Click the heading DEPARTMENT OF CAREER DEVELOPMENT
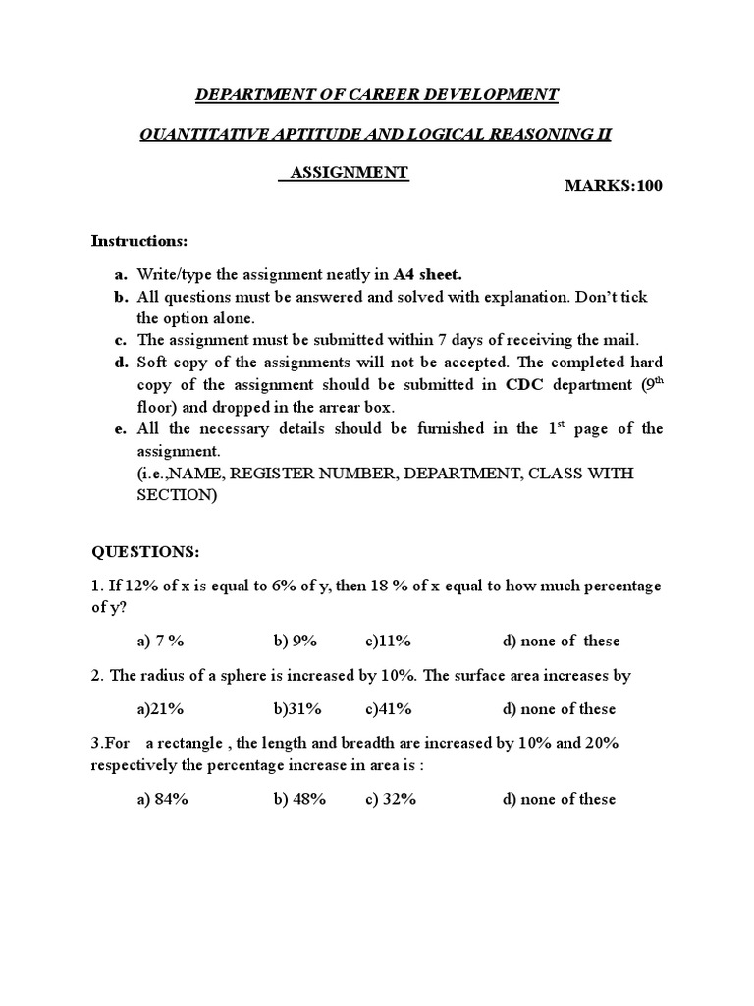tap(377, 95)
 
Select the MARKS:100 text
tap(614, 186)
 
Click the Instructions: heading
tap(139, 241)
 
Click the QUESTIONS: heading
tap(145, 552)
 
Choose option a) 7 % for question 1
tap(161, 642)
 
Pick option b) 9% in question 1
tap(296, 642)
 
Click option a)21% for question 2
tap(161, 709)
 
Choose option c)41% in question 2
tap(389, 709)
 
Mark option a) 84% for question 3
tap(163, 800)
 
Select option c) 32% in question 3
tap(391, 800)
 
